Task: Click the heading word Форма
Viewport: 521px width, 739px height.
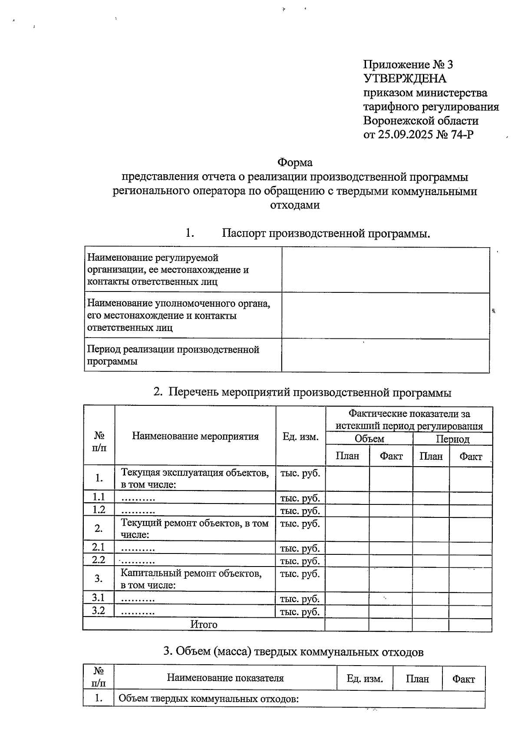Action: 295,162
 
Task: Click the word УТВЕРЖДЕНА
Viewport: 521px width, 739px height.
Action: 405,79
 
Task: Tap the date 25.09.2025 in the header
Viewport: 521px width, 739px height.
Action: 406,135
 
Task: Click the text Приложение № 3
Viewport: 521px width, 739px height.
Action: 408,65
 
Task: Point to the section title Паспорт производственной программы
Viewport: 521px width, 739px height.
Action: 326,233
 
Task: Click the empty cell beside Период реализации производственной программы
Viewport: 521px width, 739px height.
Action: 385,355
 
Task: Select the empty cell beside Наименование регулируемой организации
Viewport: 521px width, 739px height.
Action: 385,270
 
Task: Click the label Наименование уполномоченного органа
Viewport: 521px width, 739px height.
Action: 178,304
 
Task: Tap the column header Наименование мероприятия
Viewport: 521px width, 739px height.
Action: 195,436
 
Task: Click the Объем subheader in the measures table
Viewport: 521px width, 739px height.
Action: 369,439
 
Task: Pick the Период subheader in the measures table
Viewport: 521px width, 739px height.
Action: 452,439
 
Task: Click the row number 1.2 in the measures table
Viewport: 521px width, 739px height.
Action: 99,510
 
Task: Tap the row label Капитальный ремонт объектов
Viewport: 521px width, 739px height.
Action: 191,573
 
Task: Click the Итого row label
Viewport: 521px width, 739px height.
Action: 204,624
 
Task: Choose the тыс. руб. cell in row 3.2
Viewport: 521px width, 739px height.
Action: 300,612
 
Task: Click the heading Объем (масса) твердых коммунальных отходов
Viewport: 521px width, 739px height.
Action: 293,652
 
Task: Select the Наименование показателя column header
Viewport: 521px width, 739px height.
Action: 225,678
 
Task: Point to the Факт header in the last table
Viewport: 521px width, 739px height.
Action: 463,679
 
